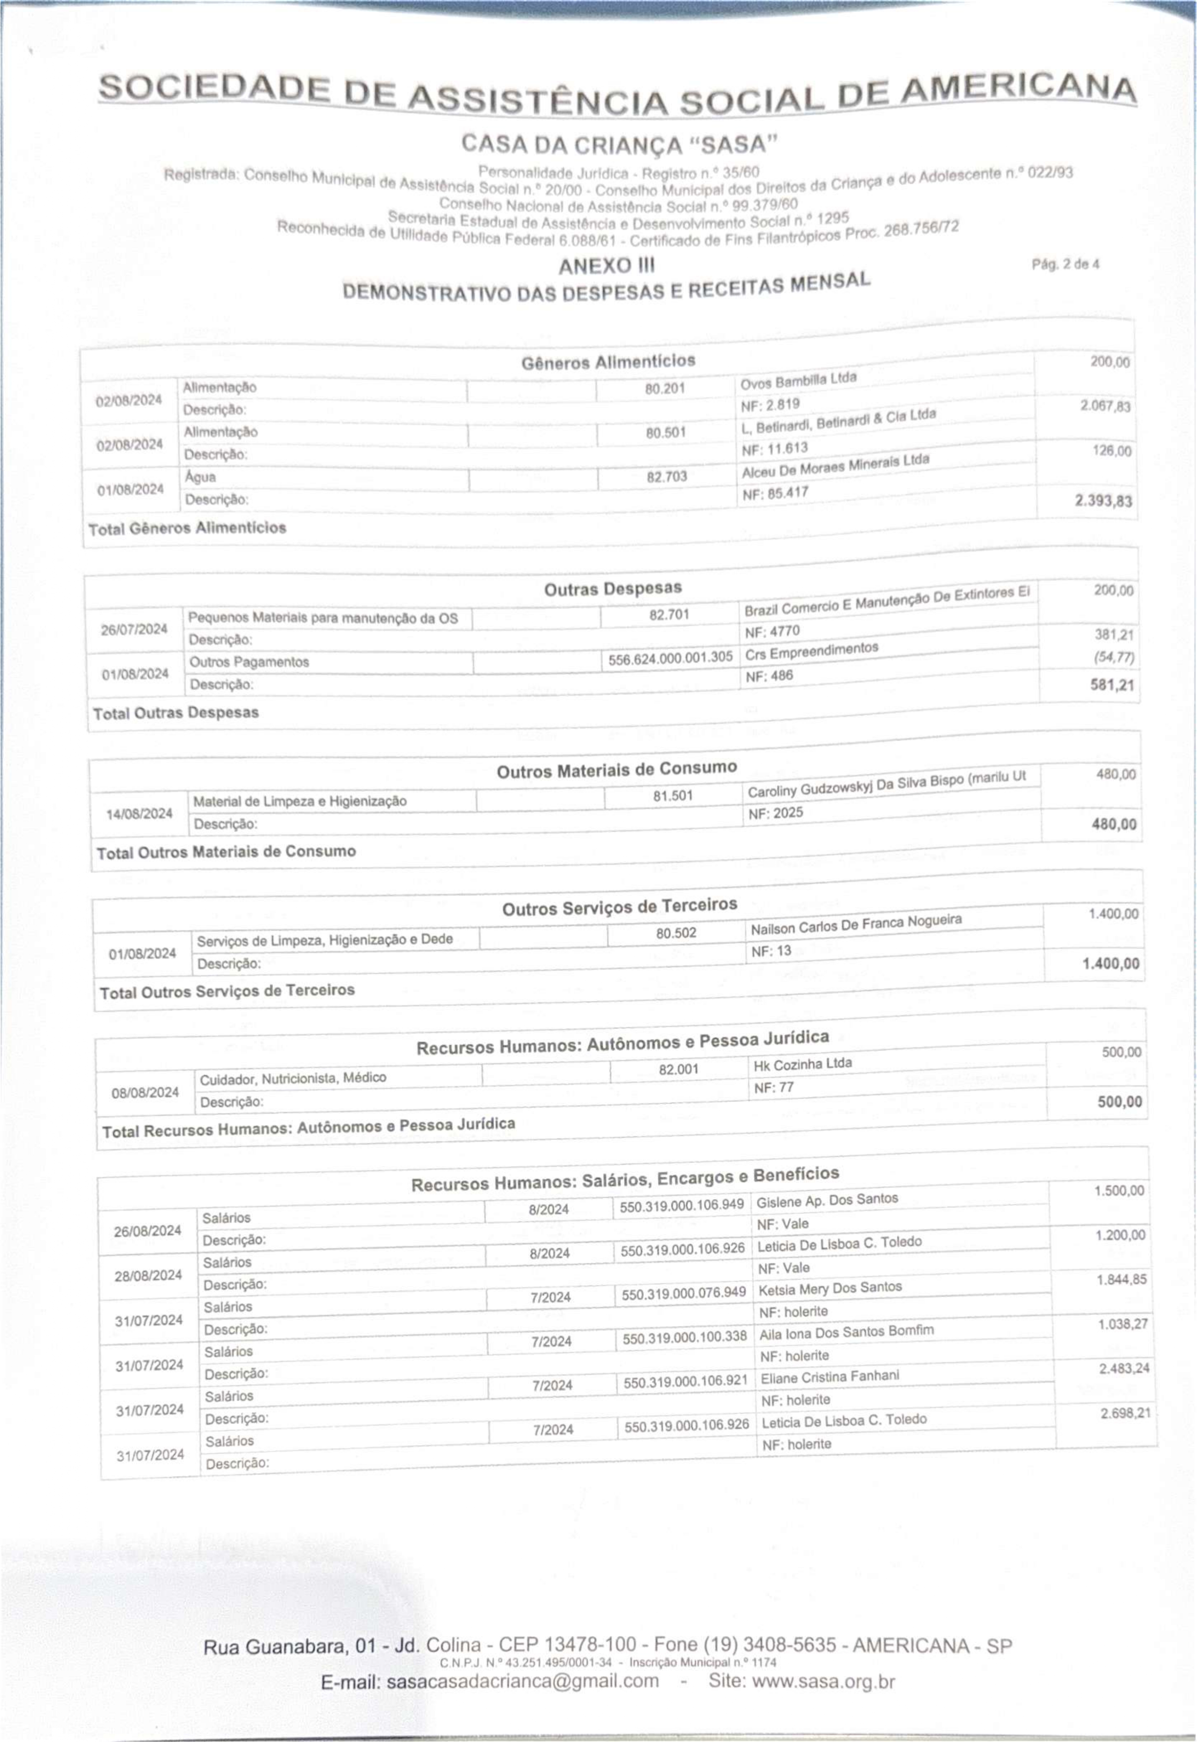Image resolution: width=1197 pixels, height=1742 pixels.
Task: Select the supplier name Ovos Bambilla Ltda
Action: point(798,380)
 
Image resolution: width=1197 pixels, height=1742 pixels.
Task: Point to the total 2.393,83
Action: point(1103,501)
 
